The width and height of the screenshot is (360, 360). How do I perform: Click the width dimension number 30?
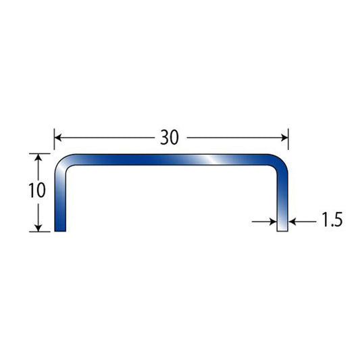coord(170,138)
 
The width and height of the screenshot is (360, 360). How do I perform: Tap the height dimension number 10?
coord(37,190)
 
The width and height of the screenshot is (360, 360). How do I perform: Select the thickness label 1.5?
coord(332,220)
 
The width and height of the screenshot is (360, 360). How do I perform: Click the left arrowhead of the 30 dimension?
coord(58,138)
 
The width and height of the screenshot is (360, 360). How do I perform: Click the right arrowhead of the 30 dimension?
coord(285,138)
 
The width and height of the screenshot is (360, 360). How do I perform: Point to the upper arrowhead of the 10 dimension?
coord(38,157)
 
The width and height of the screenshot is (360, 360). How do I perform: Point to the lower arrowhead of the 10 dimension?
coord(38,228)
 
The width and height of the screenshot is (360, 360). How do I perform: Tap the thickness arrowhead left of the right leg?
coord(274,222)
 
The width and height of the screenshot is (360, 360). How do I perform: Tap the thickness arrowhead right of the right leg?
coord(292,222)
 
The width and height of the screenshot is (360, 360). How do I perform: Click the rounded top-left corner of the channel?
coord(61,161)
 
